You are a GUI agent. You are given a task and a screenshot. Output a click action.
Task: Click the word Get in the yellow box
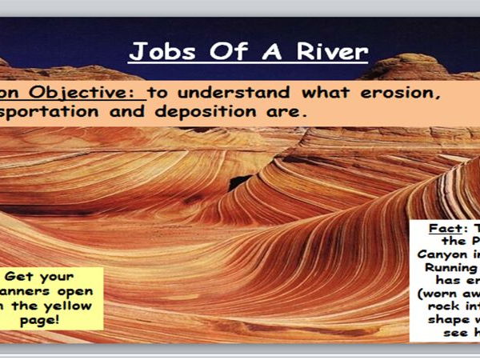[x=30, y=274]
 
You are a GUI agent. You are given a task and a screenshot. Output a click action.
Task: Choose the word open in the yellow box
[x=77, y=290]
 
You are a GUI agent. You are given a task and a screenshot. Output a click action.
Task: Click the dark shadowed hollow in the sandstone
[x=240, y=182]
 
